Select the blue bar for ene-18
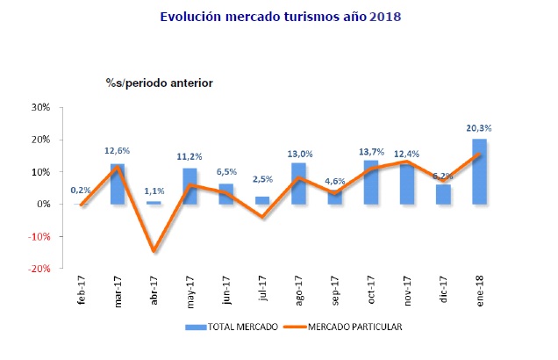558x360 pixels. coord(479,171)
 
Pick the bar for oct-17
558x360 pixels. coord(370,182)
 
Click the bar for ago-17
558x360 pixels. coord(298,183)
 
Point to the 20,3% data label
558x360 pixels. coord(479,128)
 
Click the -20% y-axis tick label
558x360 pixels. coord(39,270)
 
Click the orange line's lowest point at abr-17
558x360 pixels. coord(154,251)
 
